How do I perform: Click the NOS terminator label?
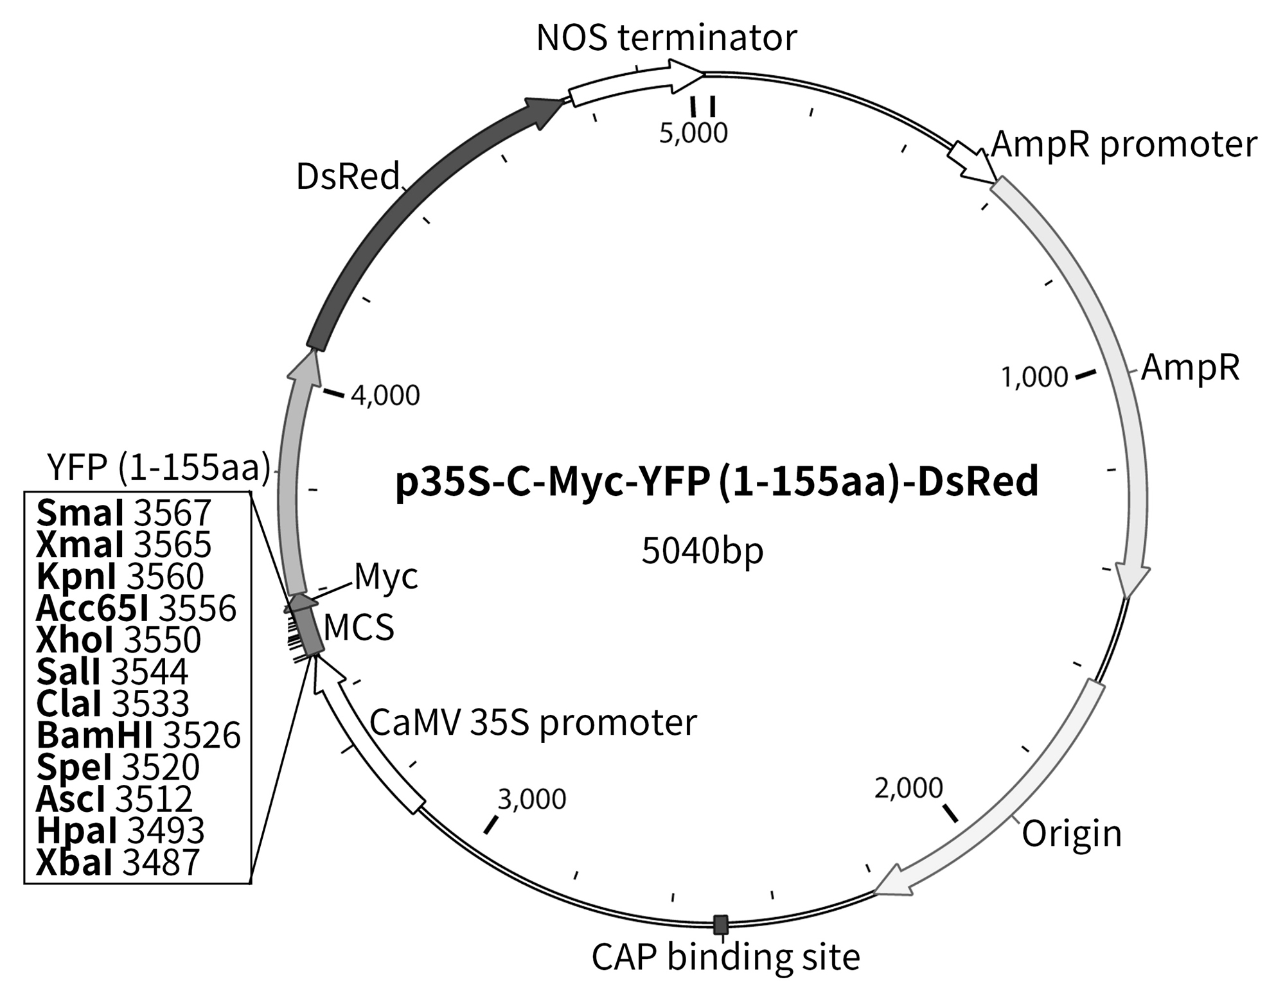click(666, 39)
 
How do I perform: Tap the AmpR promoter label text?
click(1124, 145)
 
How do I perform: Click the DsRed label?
click(348, 176)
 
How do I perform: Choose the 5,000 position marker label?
click(693, 133)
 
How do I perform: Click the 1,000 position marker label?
click(1034, 377)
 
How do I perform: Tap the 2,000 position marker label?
click(908, 788)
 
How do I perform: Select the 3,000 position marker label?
click(532, 800)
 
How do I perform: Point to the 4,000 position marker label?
click(385, 396)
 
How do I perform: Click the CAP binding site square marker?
click(721, 925)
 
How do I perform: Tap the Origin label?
click(1072, 834)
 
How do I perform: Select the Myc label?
click(386, 576)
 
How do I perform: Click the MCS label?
click(359, 628)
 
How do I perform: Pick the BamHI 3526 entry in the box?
click(138, 735)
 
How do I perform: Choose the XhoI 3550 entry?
click(119, 640)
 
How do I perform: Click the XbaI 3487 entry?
click(118, 863)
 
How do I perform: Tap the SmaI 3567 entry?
click(123, 513)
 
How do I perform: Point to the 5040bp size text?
click(702, 551)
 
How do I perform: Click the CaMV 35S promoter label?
click(533, 723)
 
